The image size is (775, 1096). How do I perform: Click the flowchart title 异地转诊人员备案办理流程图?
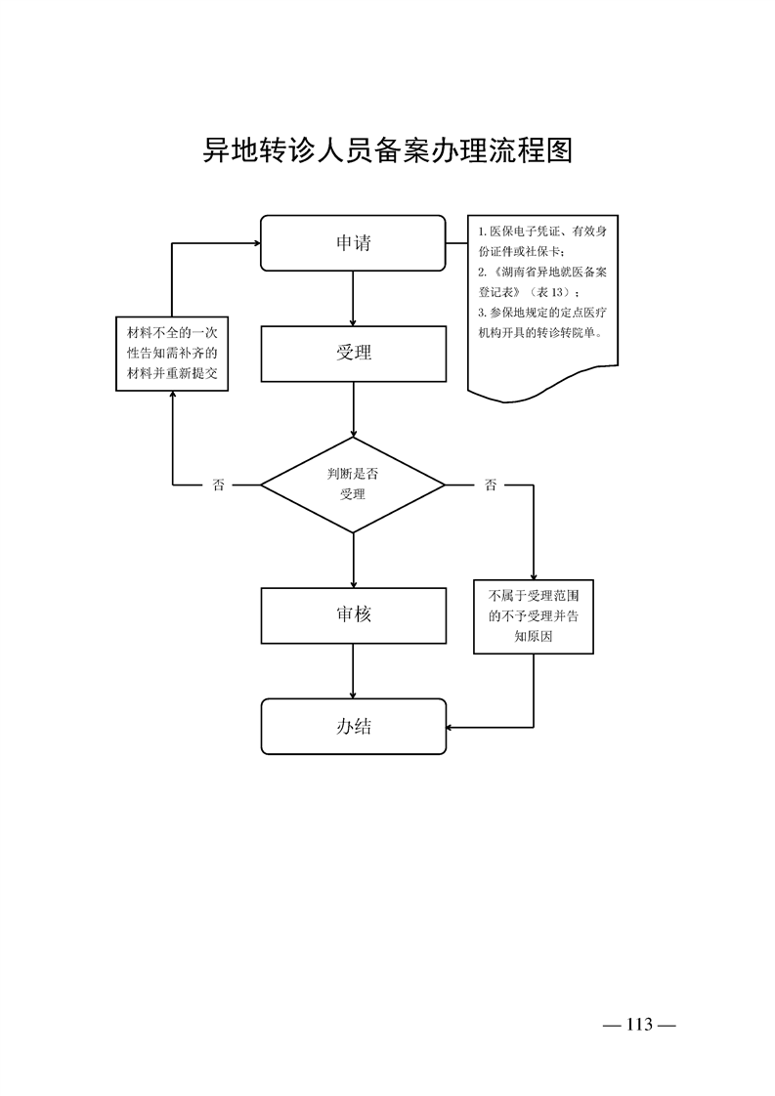tap(387, 151)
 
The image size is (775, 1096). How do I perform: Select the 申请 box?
tap(353, 243)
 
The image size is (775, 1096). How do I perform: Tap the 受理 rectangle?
tap(353, 353)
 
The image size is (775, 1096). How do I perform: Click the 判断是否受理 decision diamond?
tap(353, 485)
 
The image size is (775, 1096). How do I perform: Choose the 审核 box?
tap(353, 615)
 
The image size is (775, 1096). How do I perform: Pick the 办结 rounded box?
tap(353, 726)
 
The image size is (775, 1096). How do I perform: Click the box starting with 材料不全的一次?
tap(172, 354)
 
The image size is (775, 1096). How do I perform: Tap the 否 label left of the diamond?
tap(218, 485)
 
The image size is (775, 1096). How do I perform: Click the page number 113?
tap(640, 1025)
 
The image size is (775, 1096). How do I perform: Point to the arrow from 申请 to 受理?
tap(353, 298)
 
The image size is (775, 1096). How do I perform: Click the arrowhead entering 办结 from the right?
tap(452, 727)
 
